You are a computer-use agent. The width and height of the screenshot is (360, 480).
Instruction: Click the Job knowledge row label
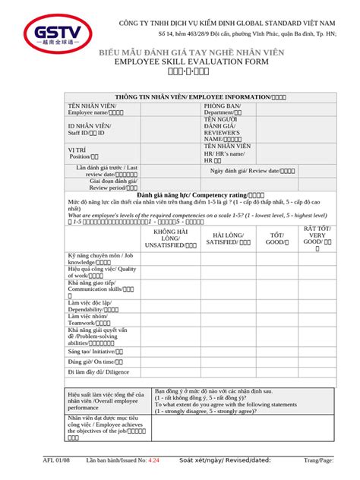pyautogui.click(x=99, y=259)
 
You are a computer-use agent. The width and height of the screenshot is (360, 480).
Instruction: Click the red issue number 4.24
pyautogui.click(x=154, y=461)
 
